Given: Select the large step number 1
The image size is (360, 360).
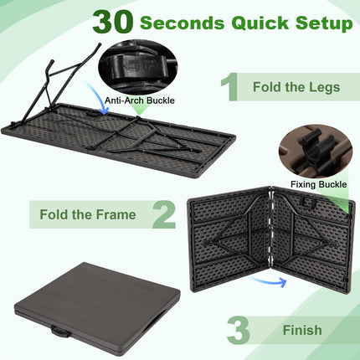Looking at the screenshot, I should [x=229, y=87].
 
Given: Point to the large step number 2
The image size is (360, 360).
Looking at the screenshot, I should [x=163, y=214].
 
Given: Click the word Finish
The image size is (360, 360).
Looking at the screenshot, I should [x=301, y=330].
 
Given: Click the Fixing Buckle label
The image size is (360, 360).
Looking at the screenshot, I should [x=320, y=184].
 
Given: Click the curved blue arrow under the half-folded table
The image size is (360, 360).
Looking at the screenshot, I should [x=270, y=282].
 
